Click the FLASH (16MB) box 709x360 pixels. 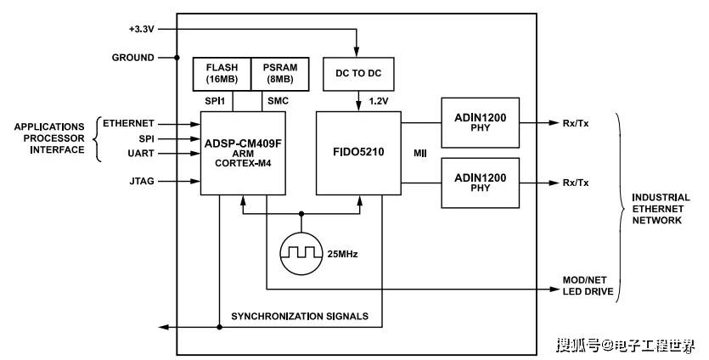221,74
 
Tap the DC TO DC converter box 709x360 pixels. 358,74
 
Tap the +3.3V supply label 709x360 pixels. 142,28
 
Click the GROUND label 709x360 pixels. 133,58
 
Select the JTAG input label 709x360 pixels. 141,181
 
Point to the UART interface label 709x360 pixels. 140,154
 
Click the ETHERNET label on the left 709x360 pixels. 128,124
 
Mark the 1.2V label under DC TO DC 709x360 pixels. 379,100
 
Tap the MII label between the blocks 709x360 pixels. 419,153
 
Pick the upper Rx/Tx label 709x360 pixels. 576,123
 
